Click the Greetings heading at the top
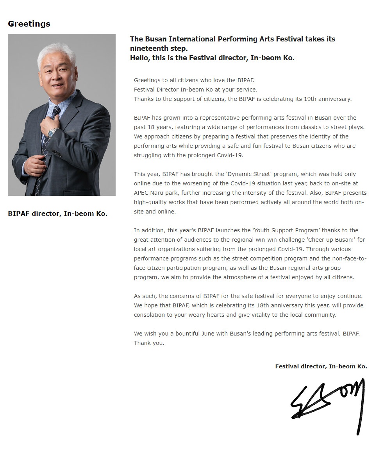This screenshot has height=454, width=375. click(29, 24)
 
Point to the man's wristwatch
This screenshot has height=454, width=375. click(52, 132)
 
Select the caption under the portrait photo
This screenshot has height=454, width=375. click(57, 214)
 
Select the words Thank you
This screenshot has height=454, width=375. click(149, 343)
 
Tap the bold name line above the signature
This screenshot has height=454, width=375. click(321, 366)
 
